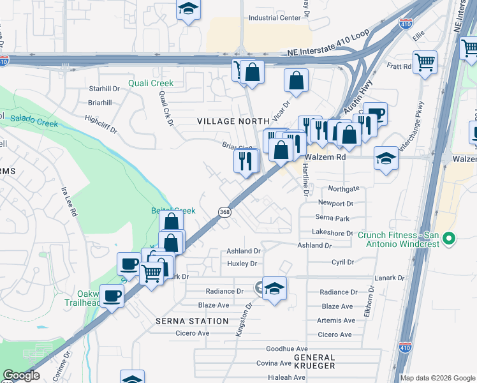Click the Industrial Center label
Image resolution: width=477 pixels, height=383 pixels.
point(274,18)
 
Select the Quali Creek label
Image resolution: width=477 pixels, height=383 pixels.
point(150,83)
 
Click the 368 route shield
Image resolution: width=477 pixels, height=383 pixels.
point(224,212)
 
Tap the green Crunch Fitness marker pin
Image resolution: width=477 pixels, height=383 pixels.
point(450,239)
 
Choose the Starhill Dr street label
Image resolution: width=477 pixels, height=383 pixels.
point(105,88)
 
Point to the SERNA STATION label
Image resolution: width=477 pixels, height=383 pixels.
point(192,321)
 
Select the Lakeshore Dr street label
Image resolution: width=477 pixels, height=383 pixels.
point(334,234)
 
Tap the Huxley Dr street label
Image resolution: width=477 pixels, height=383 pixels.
point(242,264)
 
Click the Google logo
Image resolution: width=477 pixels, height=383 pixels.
point(20,375)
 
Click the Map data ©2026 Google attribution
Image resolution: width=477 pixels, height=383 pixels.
point(437,378)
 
